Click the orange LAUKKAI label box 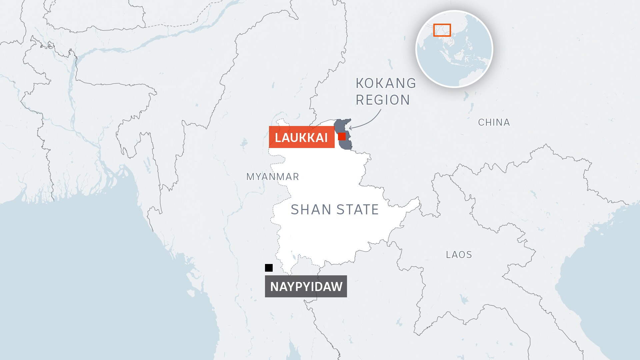pos(301,137)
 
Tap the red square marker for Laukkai pos(342,136)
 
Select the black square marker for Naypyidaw pos(269,268)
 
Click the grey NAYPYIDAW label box pos(306,286)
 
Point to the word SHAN pos(311,210)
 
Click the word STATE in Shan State pos(358,210)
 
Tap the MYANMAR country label pos(272,177)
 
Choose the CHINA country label pos(494,122)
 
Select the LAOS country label pos(459,255)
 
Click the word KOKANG pos(386,83)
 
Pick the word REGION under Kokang pos(383,100)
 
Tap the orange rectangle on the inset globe pos(442,30)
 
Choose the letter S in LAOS pos(469,255)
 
